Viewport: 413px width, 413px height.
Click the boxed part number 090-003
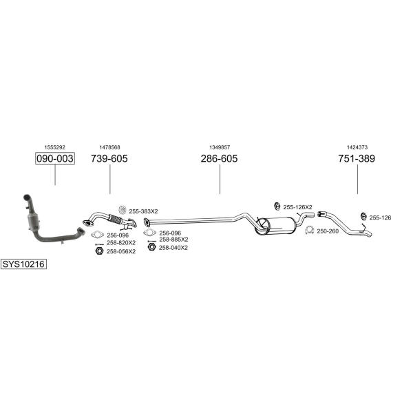55,158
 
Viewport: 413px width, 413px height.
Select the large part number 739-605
109,158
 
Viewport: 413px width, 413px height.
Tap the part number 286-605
219,158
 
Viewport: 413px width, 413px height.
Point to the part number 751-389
357,158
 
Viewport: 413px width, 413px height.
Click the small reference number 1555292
55,147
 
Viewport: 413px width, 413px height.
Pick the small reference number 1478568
109,147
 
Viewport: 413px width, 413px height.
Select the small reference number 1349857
220,147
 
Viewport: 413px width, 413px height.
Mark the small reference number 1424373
357,147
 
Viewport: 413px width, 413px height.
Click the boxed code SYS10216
23,264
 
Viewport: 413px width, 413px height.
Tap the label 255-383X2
143,211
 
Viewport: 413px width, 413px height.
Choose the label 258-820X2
121,242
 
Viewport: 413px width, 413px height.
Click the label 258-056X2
121,251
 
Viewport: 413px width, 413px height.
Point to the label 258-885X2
173,240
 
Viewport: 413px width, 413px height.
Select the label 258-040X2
173,248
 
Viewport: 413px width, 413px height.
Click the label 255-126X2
297,207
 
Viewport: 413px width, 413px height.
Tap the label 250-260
328,231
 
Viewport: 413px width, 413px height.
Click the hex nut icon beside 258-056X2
99,251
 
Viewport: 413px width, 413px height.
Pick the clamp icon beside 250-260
310,230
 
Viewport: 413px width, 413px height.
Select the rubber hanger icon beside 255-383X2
123,210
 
